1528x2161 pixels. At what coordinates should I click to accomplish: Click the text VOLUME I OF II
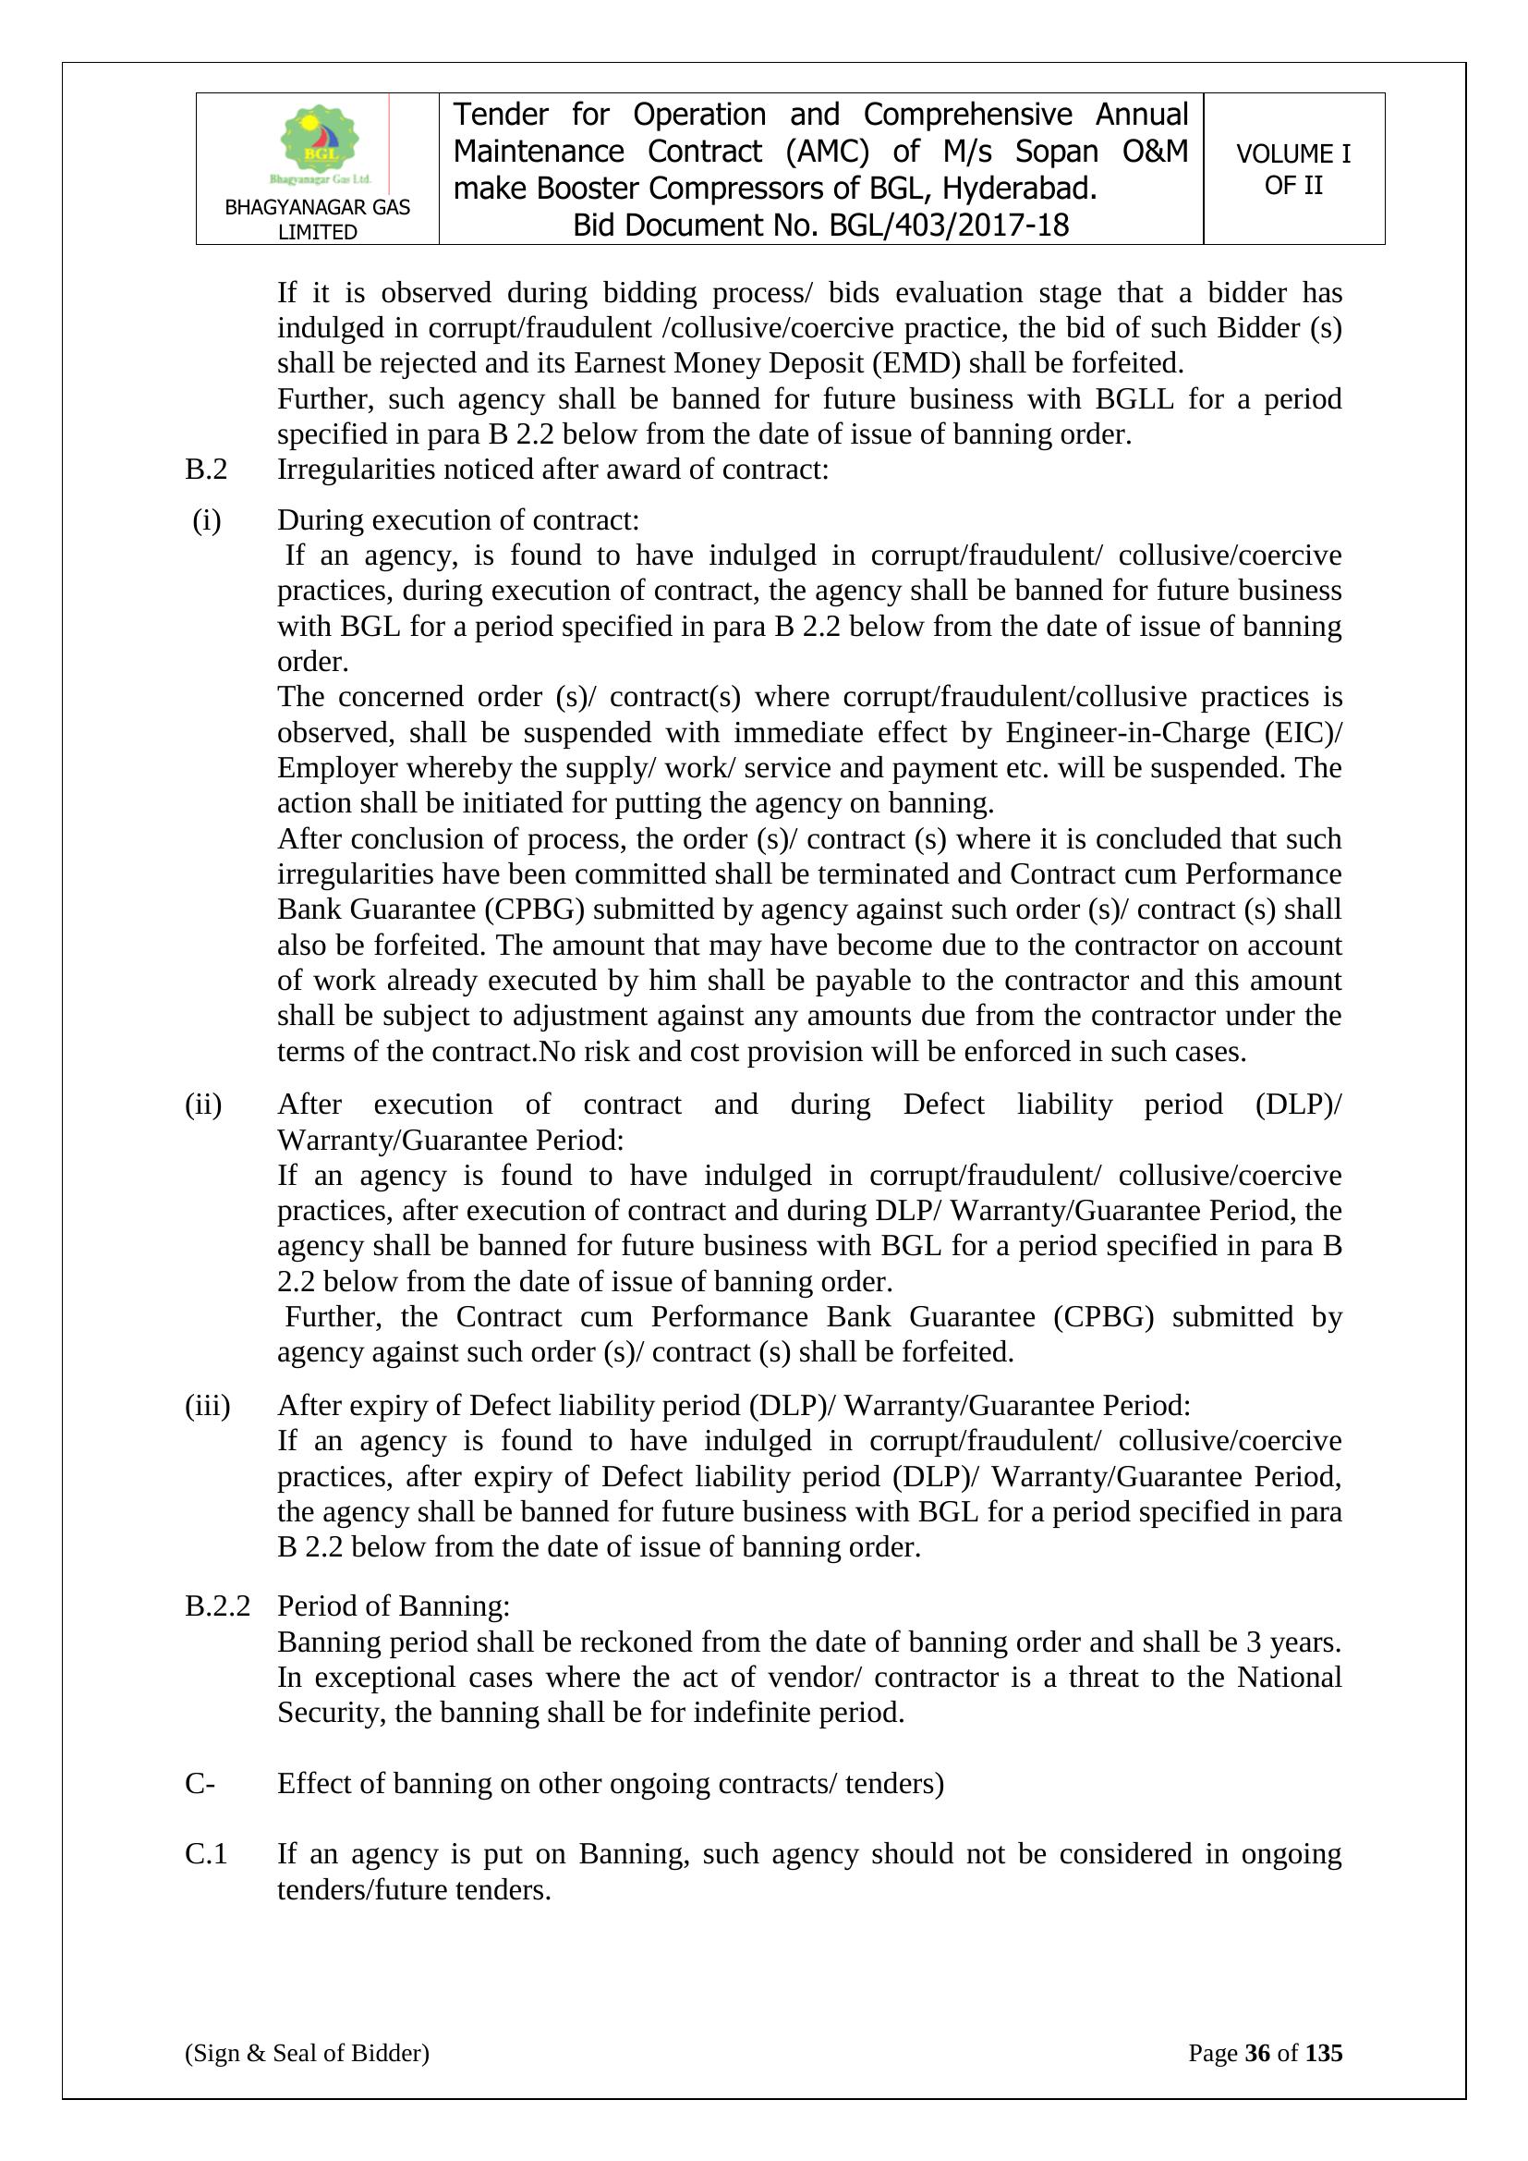(1292, 169)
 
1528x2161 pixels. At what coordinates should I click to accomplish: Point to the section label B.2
(206, 469)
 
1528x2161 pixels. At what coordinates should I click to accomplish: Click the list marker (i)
(206, 520)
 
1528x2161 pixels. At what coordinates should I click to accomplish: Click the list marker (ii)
(203, 1104)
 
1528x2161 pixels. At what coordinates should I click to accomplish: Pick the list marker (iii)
(207, 1405)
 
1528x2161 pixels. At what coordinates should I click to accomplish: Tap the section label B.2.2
(217, 1605)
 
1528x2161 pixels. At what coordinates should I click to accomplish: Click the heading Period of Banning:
(394, 1605)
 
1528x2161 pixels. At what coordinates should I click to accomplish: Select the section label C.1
(206, 1853)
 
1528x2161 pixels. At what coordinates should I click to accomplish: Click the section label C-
(200, 1783)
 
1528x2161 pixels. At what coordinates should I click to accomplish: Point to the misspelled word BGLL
(1134, 399)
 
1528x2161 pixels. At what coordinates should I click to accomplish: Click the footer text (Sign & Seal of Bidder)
(307, 2053)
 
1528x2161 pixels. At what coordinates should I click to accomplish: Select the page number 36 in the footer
(1257, 2053)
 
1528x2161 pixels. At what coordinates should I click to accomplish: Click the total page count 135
(1323, 2053)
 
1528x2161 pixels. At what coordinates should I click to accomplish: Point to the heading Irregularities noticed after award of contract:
(552, 469)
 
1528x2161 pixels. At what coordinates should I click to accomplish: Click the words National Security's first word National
(1289, 1677)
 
